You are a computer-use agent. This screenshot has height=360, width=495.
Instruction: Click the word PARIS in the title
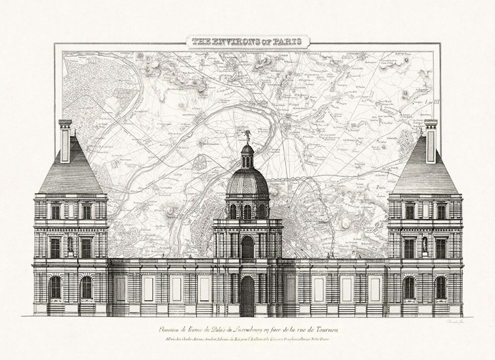coord(286,42)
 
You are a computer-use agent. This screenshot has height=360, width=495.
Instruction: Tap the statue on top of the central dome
coord(247,135)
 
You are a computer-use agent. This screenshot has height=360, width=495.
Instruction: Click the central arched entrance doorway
coord(247,295)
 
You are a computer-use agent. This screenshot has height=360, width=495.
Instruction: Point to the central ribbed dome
coord(247,181)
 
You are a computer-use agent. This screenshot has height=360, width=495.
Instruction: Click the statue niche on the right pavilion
coord(425,244)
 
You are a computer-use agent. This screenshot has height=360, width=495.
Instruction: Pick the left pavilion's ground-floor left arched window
coord(55,288)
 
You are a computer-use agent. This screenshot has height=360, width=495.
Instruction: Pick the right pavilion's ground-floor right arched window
coord(440,288)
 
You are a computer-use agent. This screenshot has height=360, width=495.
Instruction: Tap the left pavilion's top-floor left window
coord(55,211)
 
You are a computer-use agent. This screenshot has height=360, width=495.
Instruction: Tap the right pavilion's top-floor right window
coord(440,211)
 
